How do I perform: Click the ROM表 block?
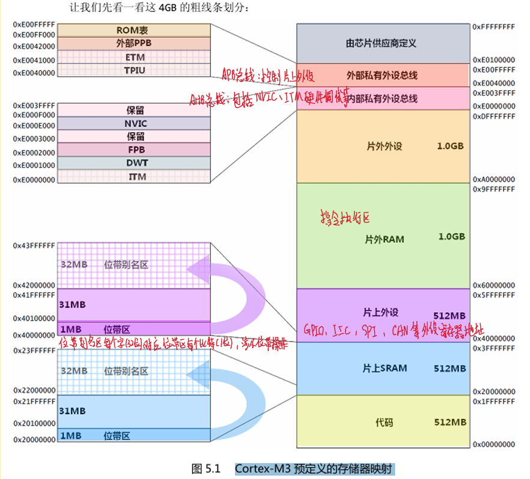tap(134, 30)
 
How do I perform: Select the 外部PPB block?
tap(134, 44)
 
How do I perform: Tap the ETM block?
tap(134, 58)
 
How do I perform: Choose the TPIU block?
tap(134, 71)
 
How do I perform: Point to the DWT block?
tap(136, 163)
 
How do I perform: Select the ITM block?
tap(136, 177)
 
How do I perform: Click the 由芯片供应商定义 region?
tap(382, 43)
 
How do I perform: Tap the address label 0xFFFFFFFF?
tap(493, 27)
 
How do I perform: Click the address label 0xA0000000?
tap(493, 179)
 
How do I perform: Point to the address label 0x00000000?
tap(493, 444)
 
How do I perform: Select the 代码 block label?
tap(384, 422)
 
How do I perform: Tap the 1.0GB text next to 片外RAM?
tap(451, 237)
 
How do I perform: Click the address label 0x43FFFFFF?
tap(34, 246)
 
